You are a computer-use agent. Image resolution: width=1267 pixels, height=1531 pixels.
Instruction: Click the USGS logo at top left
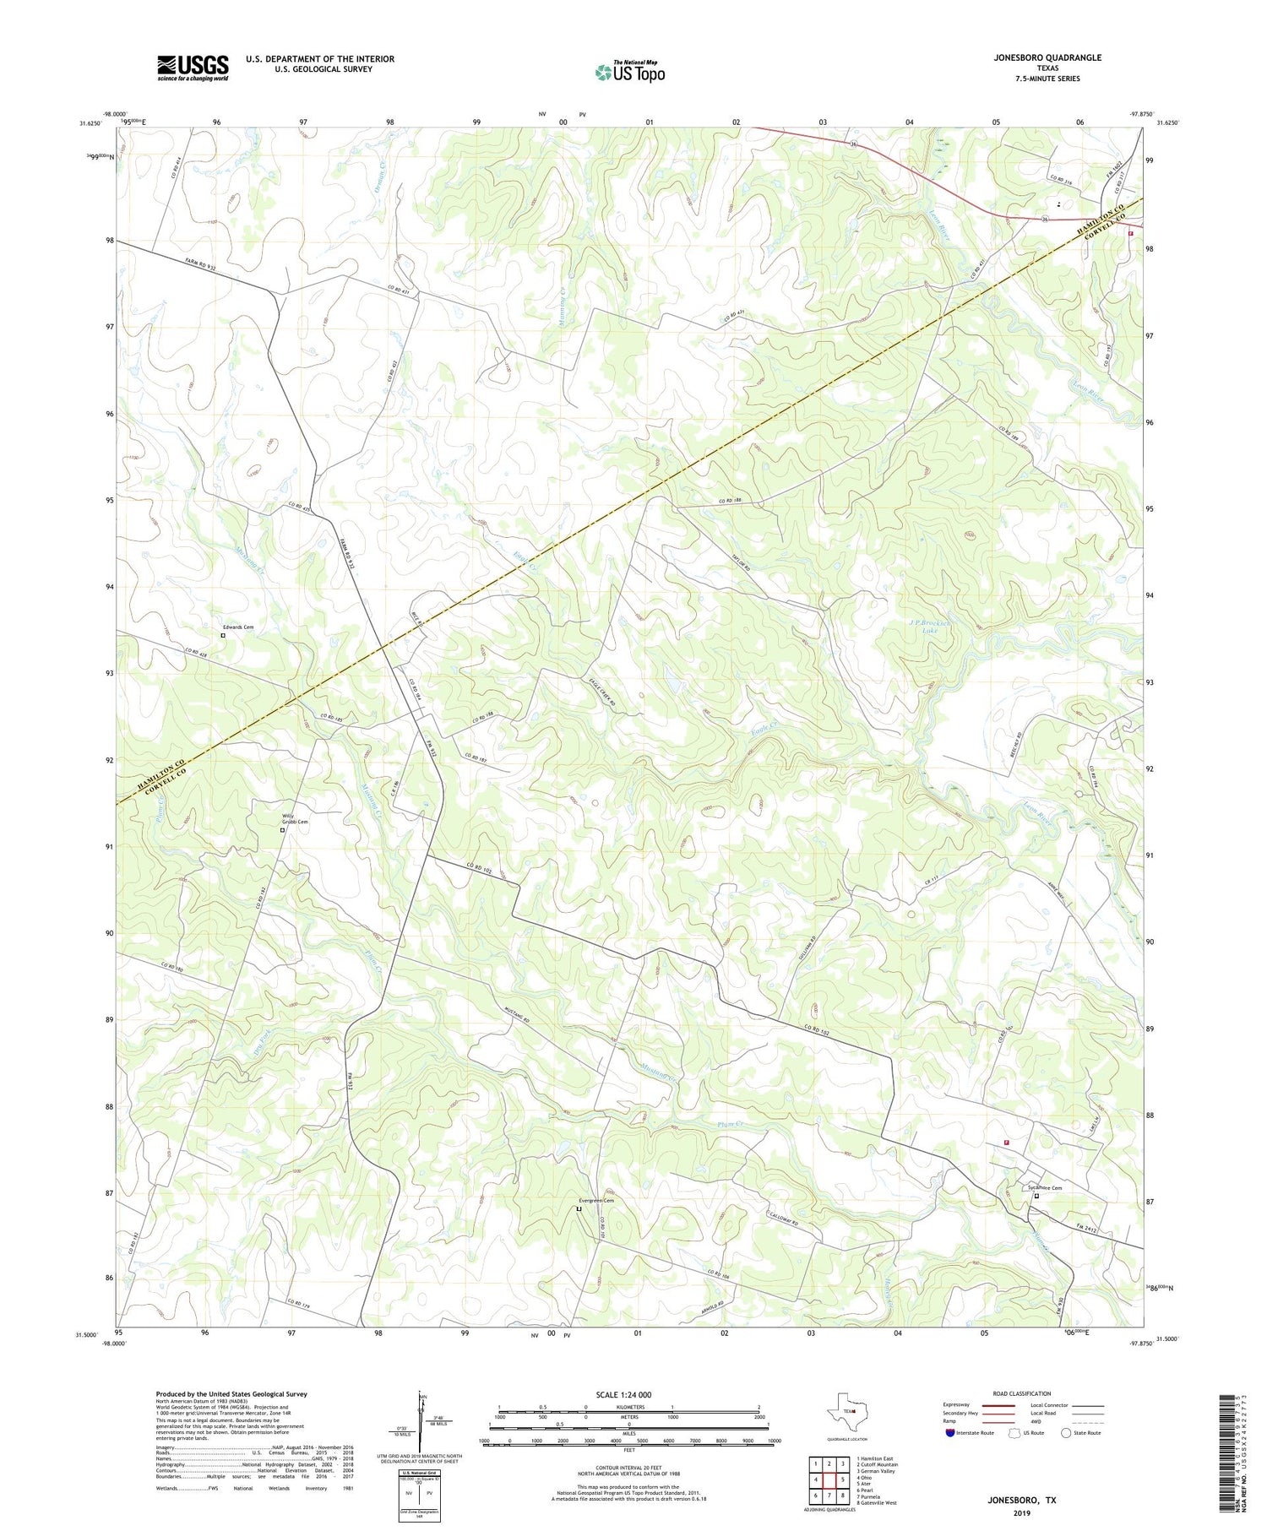[193, 68]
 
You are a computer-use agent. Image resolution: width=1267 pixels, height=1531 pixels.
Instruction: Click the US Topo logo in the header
[630, 73]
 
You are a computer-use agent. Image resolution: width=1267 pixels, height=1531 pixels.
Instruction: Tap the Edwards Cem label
[238, 627]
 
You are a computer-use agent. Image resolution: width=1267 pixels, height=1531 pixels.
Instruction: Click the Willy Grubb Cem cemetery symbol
[283, 830]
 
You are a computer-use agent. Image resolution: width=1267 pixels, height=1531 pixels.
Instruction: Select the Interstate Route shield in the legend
[950, 1433]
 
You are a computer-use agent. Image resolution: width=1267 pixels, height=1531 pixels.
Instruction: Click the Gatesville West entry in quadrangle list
[878, 1503]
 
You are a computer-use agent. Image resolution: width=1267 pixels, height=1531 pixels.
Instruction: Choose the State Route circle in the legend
[1066, 1433]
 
